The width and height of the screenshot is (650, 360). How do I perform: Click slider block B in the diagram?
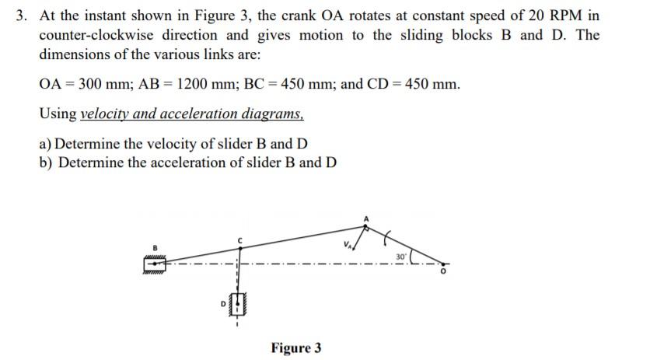(x=154, y=265)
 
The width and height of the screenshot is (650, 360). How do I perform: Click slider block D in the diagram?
(x=238, y=302)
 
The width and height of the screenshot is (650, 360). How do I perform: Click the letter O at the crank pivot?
(x=444, y=273)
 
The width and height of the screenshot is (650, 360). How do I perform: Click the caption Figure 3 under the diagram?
(x=295, y=348)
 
